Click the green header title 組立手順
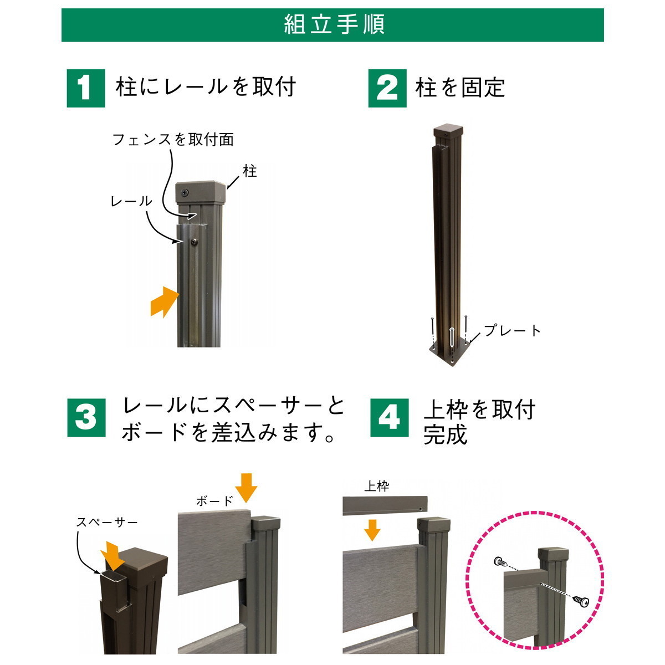click(x=334, y=25)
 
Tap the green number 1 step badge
click(x=85, y=88)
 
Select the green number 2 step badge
click(x=387, y=88)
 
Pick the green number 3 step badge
click(x=86, y=418)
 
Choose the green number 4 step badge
click(x=389, y=418)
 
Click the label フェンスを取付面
click(x=173, y=140)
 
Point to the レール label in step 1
click(x=131, y=201)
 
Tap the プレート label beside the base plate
click(x=512, y=331)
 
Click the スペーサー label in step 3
click(x=106, y=522)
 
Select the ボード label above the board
click(x=214, y=501)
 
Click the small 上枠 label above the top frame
click(x=377, y=487)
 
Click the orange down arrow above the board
click(x=246, y=488)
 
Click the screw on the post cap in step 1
click(x=186, y=192)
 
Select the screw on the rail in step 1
click(x=195, y=242)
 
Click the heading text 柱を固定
click(x=461, y=88)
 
